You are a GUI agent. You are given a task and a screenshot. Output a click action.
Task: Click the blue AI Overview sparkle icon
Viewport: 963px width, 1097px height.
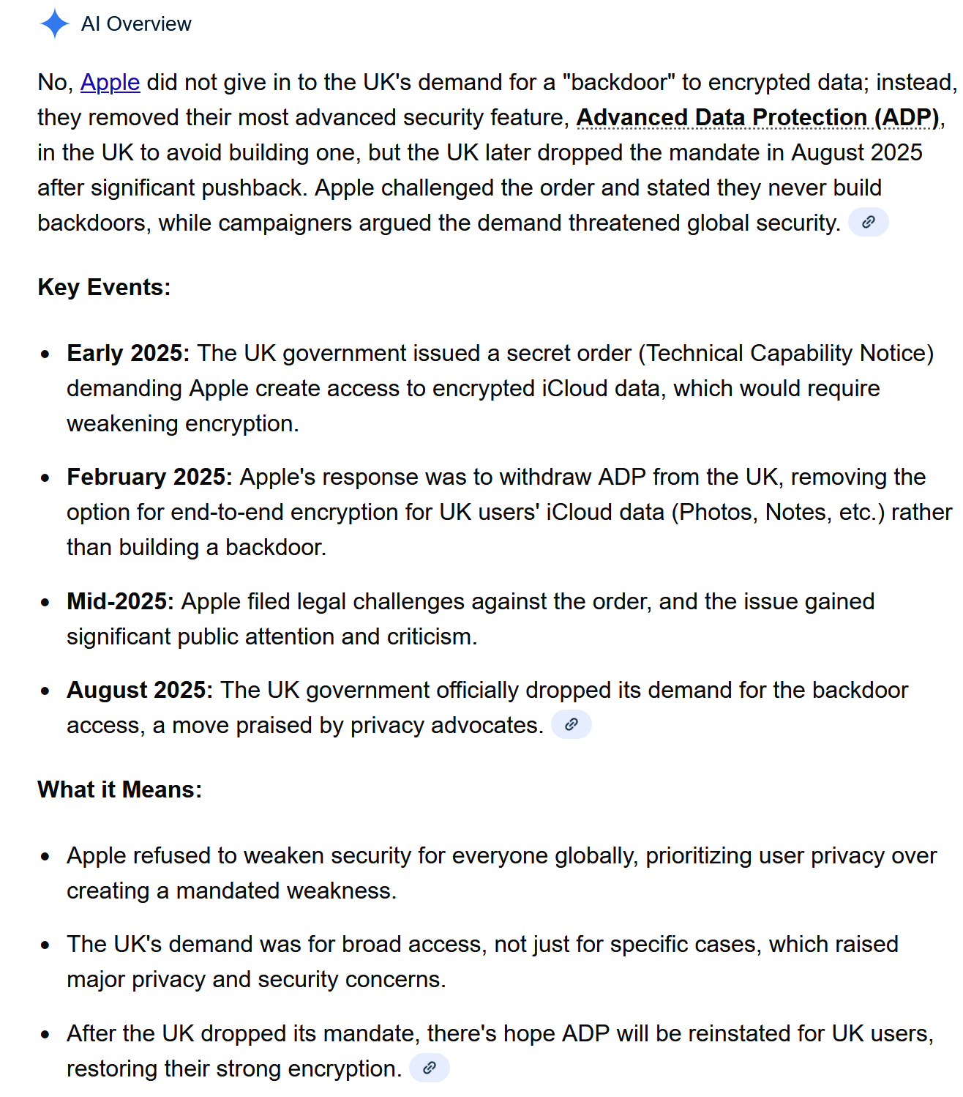(54, 23)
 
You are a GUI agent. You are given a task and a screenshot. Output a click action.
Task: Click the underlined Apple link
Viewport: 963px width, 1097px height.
(110, 82)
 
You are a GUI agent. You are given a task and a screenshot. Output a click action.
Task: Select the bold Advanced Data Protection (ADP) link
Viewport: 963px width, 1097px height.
(757, 117)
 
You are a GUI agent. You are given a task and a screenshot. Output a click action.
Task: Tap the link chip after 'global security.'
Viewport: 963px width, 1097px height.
(868, 222)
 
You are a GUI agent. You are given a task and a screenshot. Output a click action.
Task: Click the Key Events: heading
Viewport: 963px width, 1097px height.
(104, 287)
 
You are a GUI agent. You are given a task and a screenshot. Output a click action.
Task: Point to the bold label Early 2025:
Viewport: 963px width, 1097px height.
(128, 353)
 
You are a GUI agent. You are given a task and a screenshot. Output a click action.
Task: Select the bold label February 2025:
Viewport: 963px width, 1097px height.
(149, 477)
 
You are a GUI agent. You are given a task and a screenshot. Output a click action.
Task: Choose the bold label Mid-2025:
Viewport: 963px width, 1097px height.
(120, 601)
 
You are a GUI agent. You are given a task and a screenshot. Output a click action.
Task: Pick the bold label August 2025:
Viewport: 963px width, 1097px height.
(140, 690)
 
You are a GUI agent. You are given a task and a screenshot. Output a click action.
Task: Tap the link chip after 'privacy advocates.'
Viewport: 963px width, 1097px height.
(571, 724)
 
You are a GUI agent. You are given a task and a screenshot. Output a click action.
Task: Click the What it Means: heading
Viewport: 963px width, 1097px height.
(119, 789)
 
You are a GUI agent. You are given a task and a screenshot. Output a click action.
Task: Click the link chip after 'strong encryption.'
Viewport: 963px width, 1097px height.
(429, 1068)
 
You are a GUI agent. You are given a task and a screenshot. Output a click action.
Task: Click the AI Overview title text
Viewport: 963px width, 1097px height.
(136, 24)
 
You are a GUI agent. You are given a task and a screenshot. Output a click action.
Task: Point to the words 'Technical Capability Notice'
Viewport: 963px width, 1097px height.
(786, 353)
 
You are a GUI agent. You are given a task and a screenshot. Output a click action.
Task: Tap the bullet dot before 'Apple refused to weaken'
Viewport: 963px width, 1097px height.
(45, 856)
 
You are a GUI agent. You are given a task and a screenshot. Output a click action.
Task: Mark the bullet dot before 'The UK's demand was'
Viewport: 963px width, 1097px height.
(45, 945)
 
